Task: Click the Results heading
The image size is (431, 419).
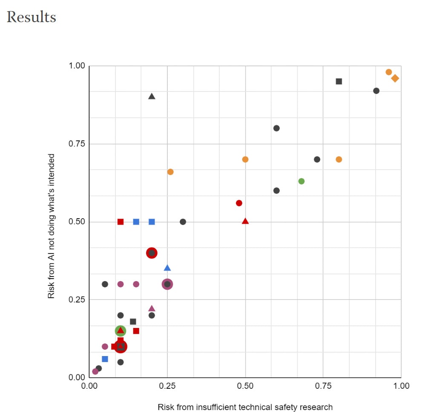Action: [x=32, y=17]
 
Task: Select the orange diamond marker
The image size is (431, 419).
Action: [x=395, y=78]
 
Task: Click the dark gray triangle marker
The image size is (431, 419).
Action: [x=152, y=96]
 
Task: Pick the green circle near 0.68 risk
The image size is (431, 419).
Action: [x=302, y=181]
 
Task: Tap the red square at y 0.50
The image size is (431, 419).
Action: [x=121, y=222]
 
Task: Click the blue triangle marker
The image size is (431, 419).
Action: [x=167, y=268]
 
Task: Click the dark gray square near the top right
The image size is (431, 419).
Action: [x=339, y=81]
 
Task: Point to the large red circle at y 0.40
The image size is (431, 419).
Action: [x=152, y=253]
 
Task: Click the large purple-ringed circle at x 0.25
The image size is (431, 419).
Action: [x=167, y=284]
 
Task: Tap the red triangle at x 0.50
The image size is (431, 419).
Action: [x=245, y=221]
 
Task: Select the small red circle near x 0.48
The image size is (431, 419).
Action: [x=239, y=203]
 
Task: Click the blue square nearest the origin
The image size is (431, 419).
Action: [x=105, y=359]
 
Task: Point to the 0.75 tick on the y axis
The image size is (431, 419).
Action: [x=77, y=144]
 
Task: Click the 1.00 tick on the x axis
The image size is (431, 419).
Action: [x=401, y=386]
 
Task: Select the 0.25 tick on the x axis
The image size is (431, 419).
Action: [x=167, y=386]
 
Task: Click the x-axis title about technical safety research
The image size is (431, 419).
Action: [x=245, y=407]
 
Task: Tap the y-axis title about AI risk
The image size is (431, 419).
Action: [x=51, y=226]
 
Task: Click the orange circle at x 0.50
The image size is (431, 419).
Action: [x=245, y=160]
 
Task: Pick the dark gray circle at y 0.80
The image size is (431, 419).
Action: [x=276, y=128]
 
